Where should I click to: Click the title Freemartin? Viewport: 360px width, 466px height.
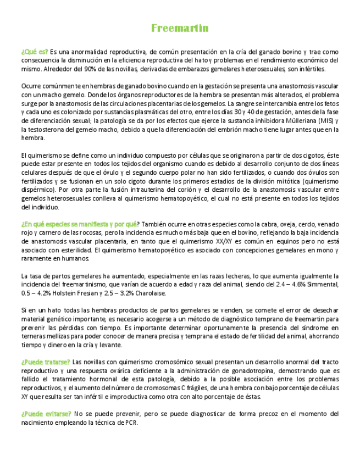pyautogui.click(x=180, y=29)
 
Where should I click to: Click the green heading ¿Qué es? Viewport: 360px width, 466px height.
pyautogui.click(x=34, y=52)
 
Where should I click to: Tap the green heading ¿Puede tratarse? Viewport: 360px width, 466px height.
pyautogui.click(x=46, y=362)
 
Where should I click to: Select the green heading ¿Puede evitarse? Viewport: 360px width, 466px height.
pyautogui.click(x=46, y=413)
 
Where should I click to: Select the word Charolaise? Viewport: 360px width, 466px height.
pyautogui.click(x=149, y=293)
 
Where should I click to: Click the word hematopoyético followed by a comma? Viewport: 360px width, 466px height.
pyautogui.click(x=184, y=198)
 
